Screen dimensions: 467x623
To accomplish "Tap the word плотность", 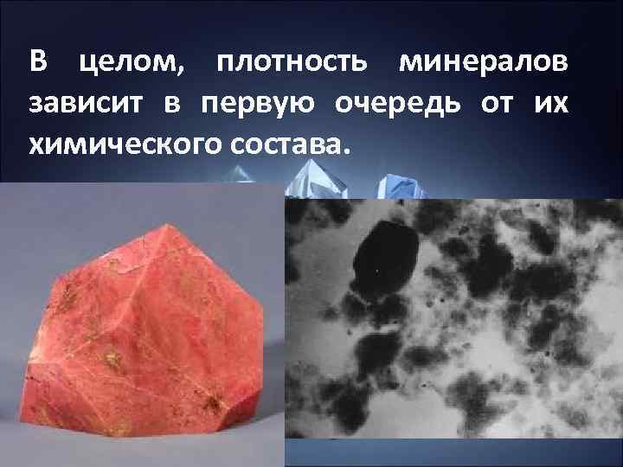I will pos(292,64).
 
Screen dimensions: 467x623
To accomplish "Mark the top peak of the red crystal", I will pos(173,223).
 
